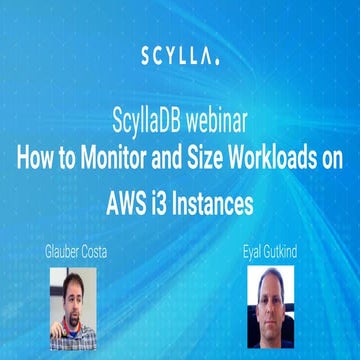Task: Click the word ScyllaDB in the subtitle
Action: [x=153, y=129]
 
